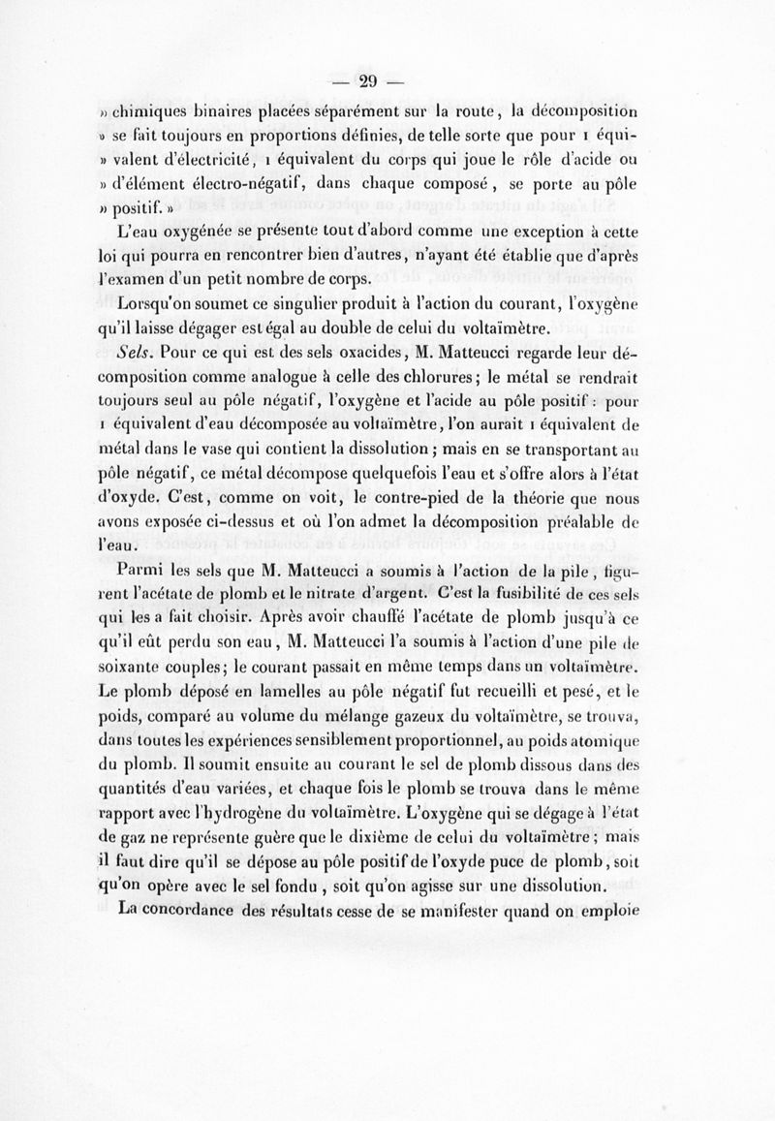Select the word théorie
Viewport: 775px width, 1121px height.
pyautogui.click(x=560, y=499)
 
